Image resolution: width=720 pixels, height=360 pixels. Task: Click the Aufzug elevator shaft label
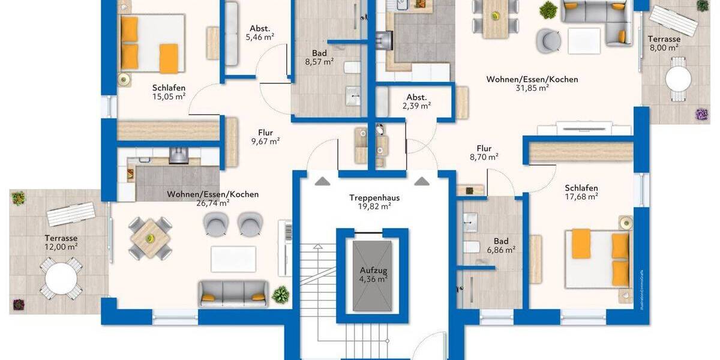point(373,270)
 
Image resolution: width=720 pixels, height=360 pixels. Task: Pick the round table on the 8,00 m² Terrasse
point(678,79)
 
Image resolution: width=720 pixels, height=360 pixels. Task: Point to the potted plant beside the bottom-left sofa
point(280,295)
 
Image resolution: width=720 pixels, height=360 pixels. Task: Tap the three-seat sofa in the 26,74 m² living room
point(233,292)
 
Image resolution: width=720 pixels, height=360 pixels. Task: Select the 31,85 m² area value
point(533,88)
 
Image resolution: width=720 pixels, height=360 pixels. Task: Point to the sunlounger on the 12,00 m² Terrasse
point(71,214)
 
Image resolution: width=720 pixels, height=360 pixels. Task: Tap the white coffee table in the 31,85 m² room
point(584,41)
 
